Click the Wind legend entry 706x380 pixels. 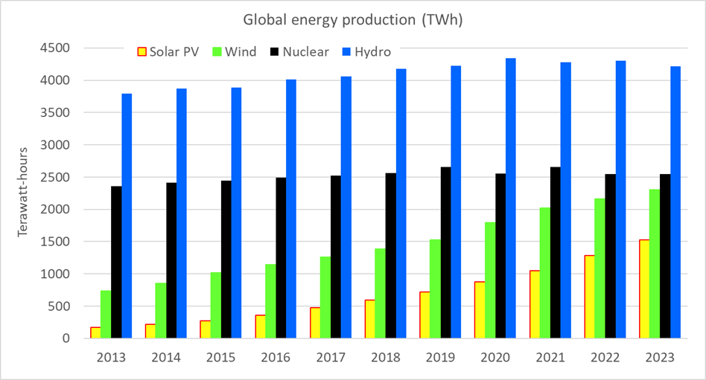[234, 52]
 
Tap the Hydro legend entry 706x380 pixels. [365, 52]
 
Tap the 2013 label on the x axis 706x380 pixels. [111, 358]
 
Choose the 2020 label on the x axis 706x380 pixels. [494, 358]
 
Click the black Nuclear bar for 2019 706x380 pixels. [445, 253]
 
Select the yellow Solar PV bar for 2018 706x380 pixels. [369, 319]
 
